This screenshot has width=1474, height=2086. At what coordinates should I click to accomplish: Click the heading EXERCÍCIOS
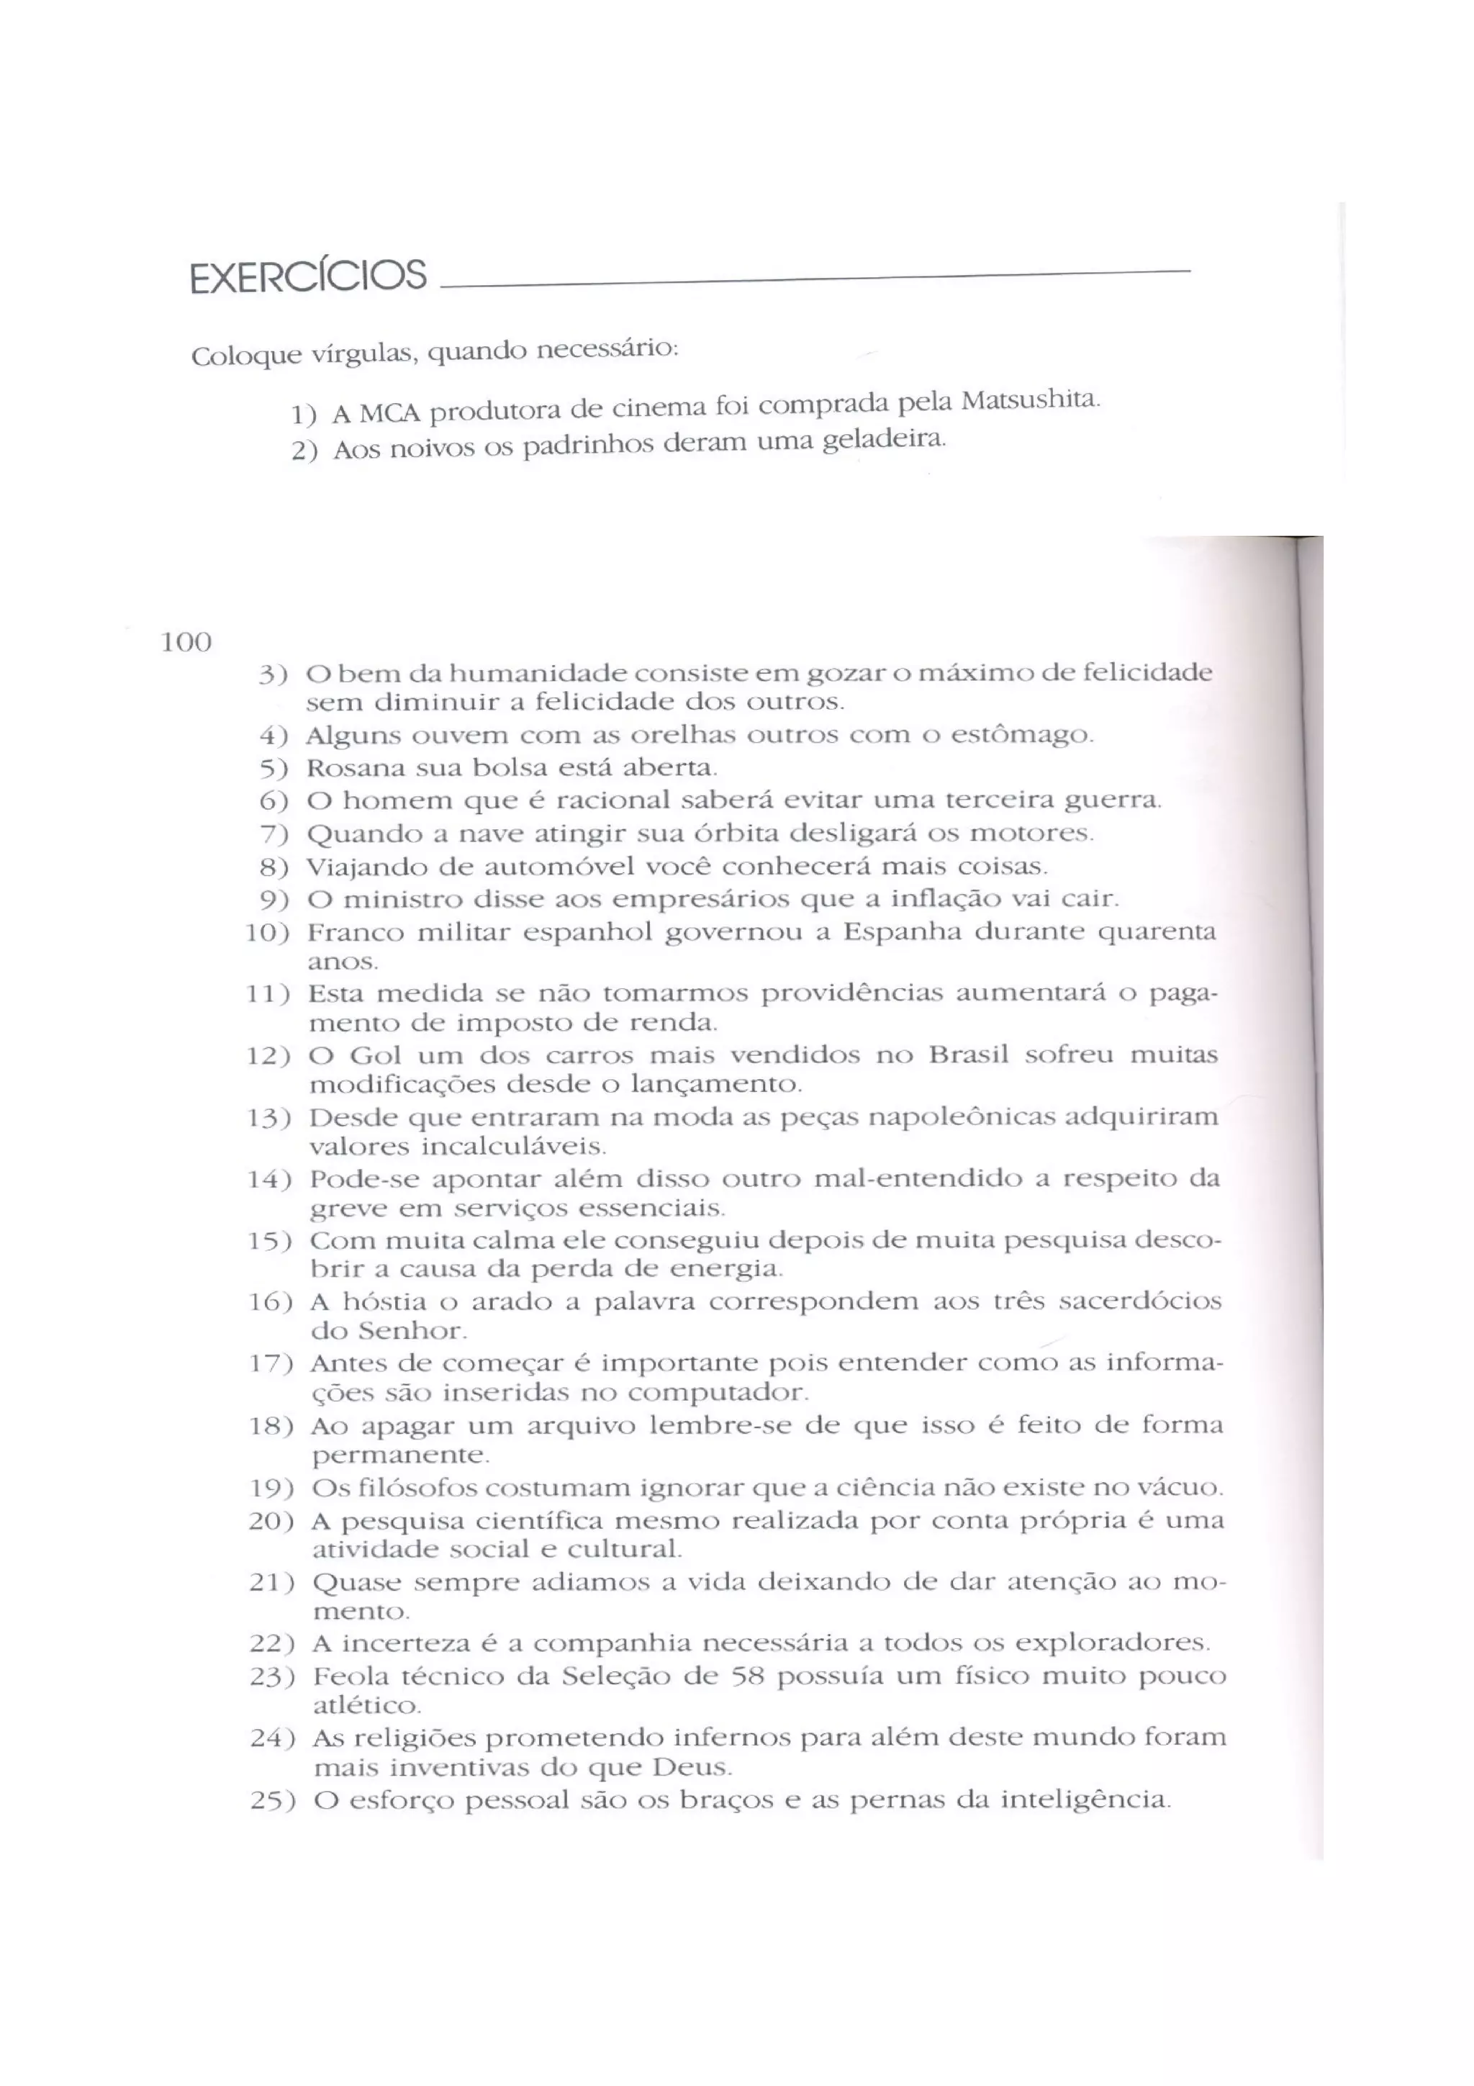tap(308, 275)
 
